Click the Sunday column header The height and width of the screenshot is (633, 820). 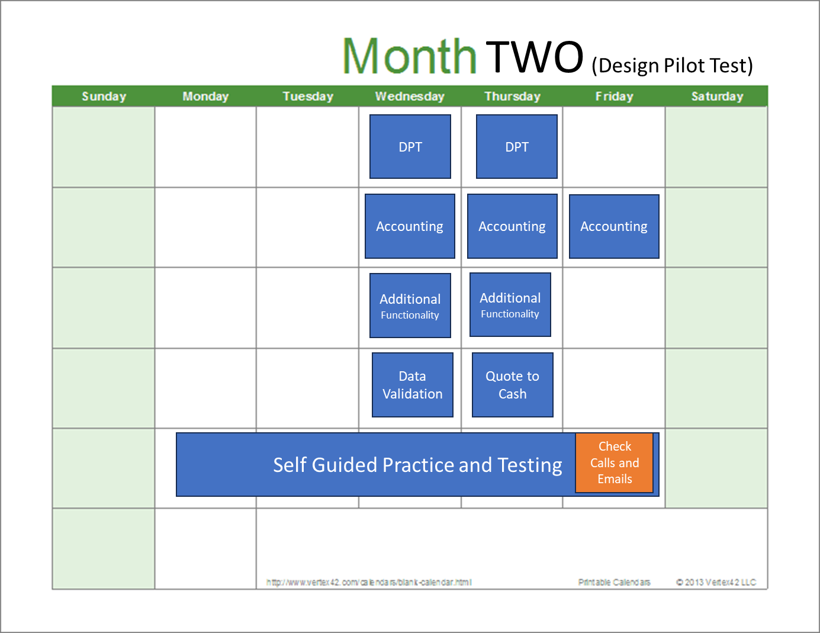coord(104,96)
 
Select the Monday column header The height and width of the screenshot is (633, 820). coord(205,96)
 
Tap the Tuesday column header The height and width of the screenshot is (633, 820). coord(308,96)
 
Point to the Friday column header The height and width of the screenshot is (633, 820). coord(615,96)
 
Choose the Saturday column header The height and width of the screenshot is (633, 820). coord(717,96)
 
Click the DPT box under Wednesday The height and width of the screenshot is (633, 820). coord(410,146)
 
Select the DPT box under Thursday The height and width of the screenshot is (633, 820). coord(517,146)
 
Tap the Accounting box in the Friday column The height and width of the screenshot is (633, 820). coord(614,226)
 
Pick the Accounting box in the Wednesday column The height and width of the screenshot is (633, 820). coord(410,226)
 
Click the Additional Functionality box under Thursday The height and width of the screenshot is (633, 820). coord(510,304)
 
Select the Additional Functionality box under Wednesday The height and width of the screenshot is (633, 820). coord(410,306)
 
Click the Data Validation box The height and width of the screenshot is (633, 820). coord(413,385)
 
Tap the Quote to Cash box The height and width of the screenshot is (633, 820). coord(513,385)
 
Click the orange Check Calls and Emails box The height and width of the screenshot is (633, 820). coord(615,462)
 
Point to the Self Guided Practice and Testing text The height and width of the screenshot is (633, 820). coord(417,465)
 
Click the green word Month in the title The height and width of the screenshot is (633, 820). coord(409,56)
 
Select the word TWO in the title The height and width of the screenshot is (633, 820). coord(535,57)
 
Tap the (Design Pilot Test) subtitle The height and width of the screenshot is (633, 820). coord(672,65)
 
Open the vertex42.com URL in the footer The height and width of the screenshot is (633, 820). coord(369,582)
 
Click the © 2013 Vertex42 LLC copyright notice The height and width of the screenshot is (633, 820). coord(716,582)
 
